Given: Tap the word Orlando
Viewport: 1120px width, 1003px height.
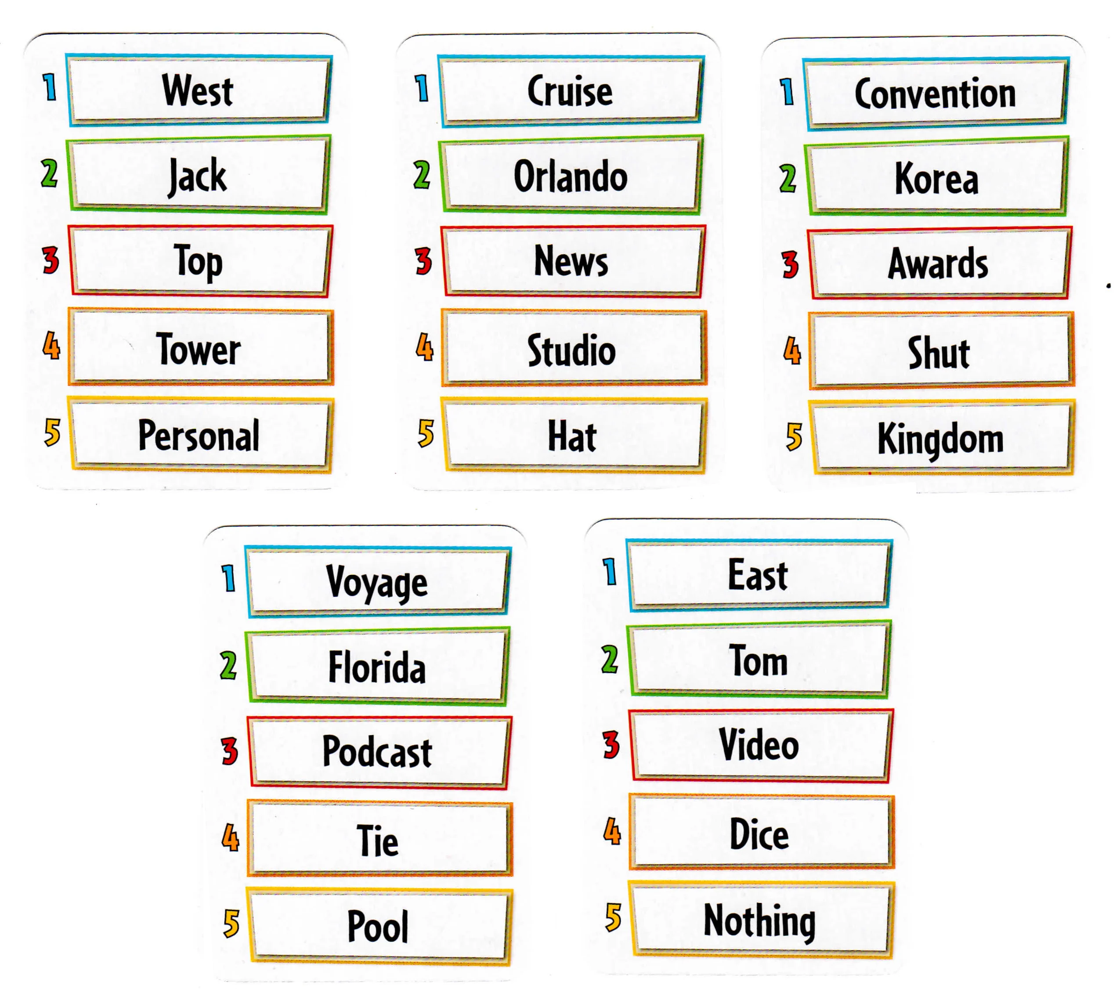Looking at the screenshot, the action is (x=571, y=177).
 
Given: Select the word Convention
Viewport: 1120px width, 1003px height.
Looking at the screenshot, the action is (x=936, y=93).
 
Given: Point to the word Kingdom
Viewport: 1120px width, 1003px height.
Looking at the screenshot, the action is (x=940, y=439).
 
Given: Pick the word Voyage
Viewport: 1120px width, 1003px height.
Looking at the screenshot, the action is (x=377, y=582).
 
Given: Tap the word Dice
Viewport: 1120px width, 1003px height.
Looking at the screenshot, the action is (x=759, y=834).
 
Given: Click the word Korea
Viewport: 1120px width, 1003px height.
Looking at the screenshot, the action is (x=936, y=179).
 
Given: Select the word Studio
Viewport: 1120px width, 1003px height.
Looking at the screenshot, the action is (x=571, y=350).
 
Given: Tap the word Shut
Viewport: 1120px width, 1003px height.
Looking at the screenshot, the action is (x=939, y=353).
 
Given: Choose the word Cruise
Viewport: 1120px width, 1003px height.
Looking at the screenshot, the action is (x=570, y=90).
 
